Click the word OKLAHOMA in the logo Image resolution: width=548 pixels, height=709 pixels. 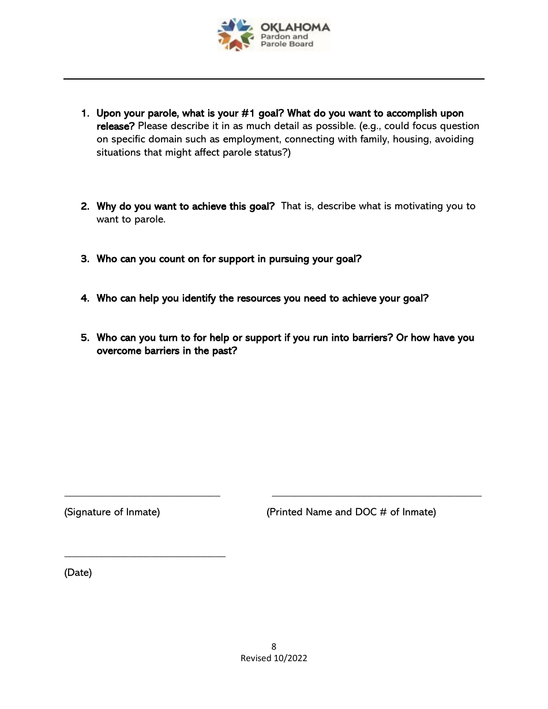(295, 27)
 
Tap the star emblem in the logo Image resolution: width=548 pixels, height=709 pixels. (235, 35)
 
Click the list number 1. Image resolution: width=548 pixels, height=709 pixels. (84, 114)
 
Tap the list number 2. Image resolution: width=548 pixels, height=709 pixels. (84, 206)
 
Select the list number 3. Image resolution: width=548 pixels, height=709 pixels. (84, 259)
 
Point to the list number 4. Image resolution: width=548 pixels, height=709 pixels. (84, 299)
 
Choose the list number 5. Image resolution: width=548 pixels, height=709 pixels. (84, 338)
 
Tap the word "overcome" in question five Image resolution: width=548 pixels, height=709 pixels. (119, 351)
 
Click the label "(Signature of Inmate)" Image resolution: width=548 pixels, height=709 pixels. (112, 512)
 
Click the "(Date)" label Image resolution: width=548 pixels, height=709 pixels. (78, 573)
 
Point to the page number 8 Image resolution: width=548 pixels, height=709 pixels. (274, 647)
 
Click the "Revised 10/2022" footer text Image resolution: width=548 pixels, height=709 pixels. (274, 658)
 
